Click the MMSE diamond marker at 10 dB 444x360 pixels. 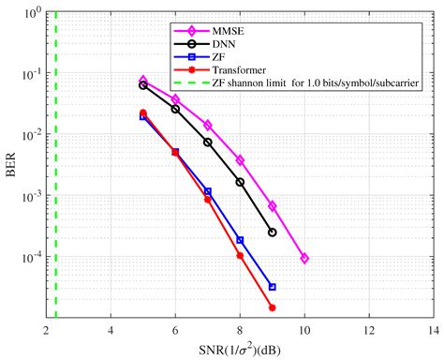pos(304,259)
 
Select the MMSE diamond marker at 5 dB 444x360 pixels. pos(143,81)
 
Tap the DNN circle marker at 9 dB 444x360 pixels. pos(273,232)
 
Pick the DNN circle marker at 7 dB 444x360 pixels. pos(208,142)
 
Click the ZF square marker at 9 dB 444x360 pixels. pos(273,287)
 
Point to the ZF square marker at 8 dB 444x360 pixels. pos(240,240)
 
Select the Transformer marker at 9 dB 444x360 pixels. pos(273,307)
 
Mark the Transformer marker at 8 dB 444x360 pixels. pos(240,255)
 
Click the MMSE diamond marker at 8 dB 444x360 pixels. pos(240,160)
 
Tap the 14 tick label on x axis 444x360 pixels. pos(433,331)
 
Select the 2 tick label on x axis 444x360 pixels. pos(46,331)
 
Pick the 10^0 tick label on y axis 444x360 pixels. pos(27,14)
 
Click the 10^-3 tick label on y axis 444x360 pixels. pos(27,197)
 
